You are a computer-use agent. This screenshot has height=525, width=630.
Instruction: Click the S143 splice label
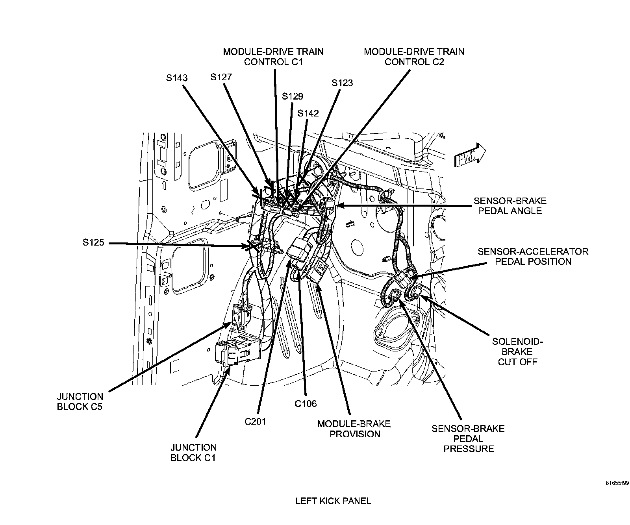tap(177, 78)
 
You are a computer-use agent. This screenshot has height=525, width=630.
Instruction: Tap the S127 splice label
tap(221, 77)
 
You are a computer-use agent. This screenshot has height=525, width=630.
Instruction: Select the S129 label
tap(293, 96)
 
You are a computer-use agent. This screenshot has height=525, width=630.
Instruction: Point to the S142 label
tap(308, 113)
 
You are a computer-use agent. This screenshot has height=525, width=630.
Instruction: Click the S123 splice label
tap(342, 83)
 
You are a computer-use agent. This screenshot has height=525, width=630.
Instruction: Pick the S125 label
tap(94, 243)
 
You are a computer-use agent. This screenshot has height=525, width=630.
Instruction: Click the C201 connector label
tap(255, 421)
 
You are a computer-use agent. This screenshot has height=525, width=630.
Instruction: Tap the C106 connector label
tap(306, 403)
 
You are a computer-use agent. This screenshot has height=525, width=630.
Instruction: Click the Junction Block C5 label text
tap(80, 402)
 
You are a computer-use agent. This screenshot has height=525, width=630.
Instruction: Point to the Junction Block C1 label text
tap(193, 453)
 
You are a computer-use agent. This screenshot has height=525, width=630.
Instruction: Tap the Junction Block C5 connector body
tap(242, 315)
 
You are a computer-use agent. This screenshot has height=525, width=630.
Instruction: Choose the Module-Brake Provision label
tap(354, 429)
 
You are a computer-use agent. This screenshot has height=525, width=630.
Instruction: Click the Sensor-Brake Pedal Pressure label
tap(469, 439)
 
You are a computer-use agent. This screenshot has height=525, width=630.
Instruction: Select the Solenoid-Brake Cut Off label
tap(518, 351)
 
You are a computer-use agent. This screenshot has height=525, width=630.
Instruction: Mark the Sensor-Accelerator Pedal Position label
tap(533, 257)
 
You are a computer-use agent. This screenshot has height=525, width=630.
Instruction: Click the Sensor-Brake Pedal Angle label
tap(510, 206)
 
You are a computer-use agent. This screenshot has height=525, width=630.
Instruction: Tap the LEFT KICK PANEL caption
tap(333, 501)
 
